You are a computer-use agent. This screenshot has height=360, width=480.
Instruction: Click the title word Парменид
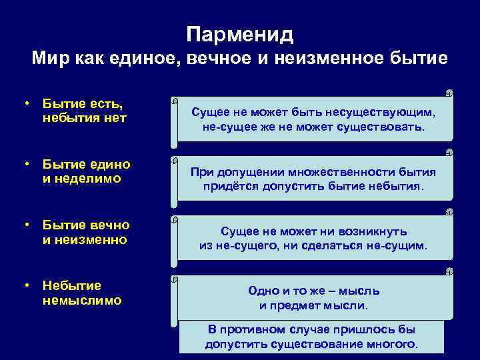coord(240,33)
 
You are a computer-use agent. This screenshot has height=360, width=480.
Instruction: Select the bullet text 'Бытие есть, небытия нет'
coord(84,111)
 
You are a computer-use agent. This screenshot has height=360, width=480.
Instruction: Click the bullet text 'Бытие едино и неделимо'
coord(86,171)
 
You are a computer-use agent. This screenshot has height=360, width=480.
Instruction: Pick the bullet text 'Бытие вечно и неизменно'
coord(85,231)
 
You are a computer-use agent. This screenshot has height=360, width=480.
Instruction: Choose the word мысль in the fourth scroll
coord(363,291)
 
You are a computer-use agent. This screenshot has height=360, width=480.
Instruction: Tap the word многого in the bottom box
coord(394,344)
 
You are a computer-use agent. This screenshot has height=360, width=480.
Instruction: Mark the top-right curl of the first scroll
coord(449,93)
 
